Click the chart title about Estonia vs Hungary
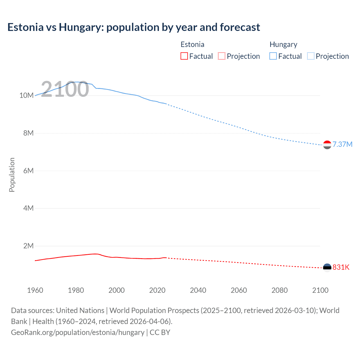point(134,27)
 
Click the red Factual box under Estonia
point(184,56)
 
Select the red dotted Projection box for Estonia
point(222,56)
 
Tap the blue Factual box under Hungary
point(273,56)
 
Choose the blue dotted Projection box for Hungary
point(311,56)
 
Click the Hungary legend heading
point(283,44)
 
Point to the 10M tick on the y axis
point(26,95)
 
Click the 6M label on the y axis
point(28,171)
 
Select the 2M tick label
point(28,246)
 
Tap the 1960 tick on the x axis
point(35,290)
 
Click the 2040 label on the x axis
point(198,290)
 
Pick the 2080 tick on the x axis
point(280,290)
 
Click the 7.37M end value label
point(342,144)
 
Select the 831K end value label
point(341,267)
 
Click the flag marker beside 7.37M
point(327,145)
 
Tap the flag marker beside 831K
point(327,267)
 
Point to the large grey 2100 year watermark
point(65,89)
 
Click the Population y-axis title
point(12,175)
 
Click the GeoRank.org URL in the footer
point(78,332)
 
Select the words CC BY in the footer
point(160,332)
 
